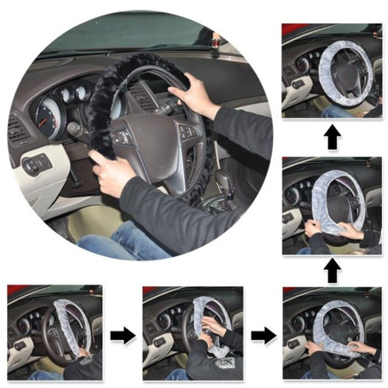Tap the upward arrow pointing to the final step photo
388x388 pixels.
[332, 138]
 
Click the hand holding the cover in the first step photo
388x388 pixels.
[82, 353]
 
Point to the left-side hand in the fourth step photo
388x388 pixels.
[311, 226]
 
